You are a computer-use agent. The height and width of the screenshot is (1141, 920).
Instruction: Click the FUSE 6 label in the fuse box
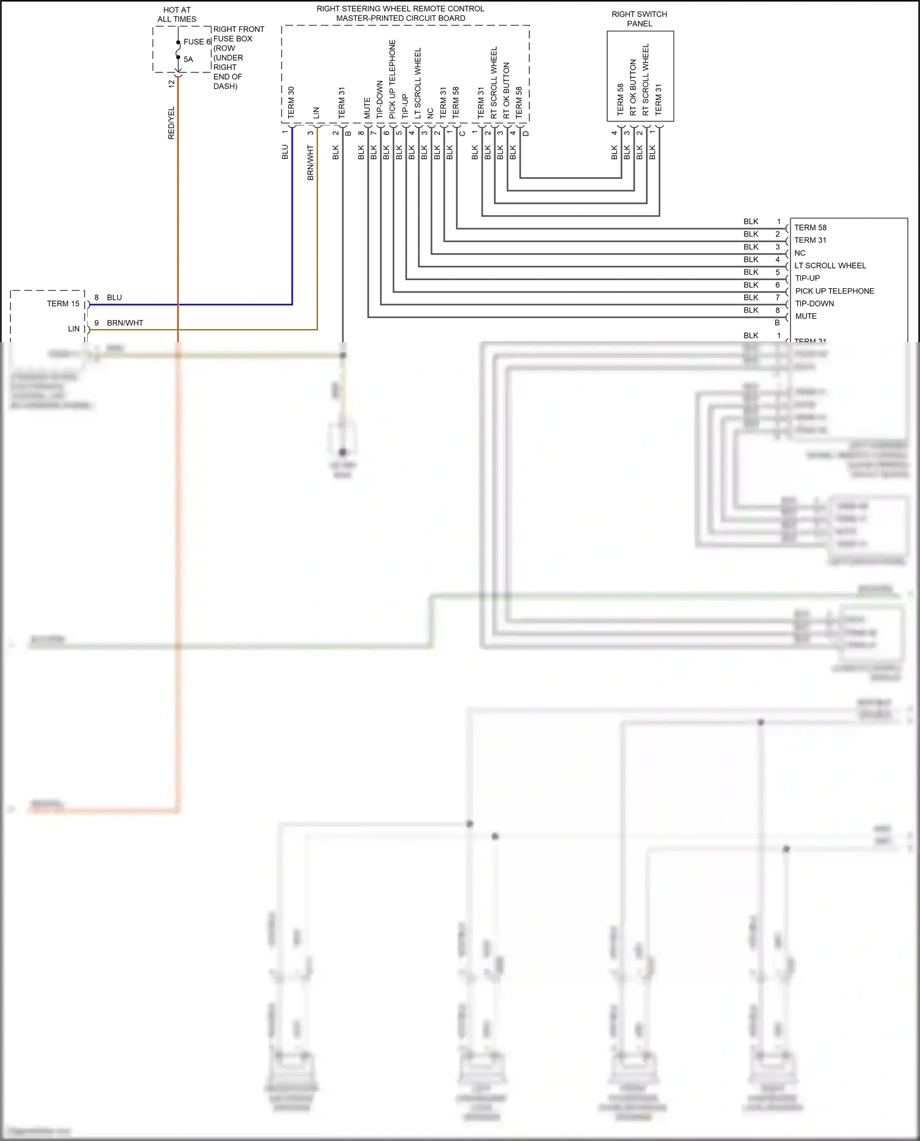click(197, 42)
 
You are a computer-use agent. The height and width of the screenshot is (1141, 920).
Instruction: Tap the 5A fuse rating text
click(188, 59)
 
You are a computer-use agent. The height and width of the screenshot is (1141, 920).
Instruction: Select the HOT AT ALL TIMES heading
click(177, 14)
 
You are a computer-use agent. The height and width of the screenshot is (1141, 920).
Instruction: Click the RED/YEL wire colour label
click(171, 123)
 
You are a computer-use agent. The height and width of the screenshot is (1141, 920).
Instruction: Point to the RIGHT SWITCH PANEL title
click(639, 18)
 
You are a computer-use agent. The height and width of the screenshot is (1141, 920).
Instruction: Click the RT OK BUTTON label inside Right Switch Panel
click(633, 87)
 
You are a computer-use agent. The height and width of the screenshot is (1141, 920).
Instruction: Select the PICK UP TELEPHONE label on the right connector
click(834, 291)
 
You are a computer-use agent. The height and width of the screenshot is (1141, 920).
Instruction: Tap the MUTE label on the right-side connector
click(805, 316)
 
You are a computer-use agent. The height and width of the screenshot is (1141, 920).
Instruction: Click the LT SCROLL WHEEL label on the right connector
click(830, 265)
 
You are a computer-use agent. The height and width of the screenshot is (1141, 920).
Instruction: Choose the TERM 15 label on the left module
click(63, 303)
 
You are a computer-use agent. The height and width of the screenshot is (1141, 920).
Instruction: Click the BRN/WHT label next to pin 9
click(125, 322)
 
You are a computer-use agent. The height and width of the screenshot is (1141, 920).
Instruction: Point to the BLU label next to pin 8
click(114, 297)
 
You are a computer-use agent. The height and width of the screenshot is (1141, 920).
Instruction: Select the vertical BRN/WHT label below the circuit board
click(310, 162)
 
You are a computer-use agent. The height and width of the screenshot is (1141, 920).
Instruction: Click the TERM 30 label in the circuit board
click(291, 102)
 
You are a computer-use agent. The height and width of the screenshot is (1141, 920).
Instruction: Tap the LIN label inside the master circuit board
click(316, 113)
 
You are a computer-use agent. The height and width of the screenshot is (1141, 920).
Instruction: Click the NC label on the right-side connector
click(800, 253)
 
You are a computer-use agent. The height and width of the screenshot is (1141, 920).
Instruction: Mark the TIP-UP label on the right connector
click(807, 278)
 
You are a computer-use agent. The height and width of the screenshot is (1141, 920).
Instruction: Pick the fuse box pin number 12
click(172, 83)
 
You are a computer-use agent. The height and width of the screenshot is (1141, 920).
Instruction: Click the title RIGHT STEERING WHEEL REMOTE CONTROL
click(400, 9)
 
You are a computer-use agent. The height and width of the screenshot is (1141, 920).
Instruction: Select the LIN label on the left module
click(74, 329)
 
